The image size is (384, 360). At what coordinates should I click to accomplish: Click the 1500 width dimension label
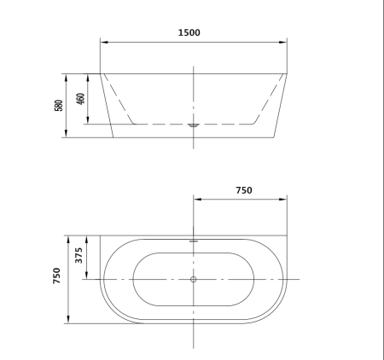189,32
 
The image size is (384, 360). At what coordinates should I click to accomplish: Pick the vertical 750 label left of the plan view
57,276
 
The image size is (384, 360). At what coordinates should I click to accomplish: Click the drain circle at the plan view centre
194,280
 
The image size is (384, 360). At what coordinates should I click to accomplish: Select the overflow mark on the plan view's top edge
194,241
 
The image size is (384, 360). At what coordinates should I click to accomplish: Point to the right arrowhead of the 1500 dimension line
287,41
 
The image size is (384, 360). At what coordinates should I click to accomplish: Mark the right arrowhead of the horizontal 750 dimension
287,200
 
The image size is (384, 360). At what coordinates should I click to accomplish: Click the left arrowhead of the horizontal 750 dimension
196,200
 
